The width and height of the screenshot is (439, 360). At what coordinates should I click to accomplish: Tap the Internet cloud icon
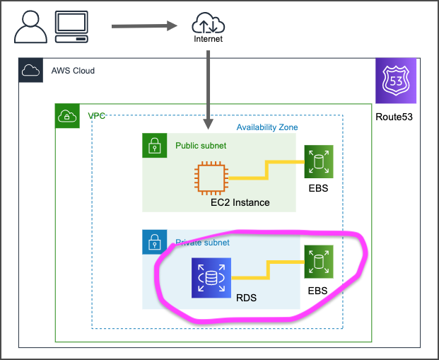point(207,24)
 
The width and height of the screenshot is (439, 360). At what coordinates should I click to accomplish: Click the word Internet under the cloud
point(208,40)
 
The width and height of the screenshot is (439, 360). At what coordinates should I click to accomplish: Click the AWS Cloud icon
point(31,71)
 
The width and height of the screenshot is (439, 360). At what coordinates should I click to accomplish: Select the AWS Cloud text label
point(73,71)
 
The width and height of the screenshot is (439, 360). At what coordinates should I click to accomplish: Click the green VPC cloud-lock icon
point(68,116)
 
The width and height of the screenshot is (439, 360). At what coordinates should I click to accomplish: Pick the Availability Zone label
point(267,127)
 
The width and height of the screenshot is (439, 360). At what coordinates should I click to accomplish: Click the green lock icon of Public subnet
point(155,146)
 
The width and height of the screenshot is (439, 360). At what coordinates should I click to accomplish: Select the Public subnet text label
point(201,146)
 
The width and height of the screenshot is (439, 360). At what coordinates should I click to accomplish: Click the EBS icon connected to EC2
point(318,162)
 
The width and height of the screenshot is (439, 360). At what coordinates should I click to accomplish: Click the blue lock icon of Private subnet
point(155,242)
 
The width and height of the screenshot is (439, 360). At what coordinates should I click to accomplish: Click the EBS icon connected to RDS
point(318,262)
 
